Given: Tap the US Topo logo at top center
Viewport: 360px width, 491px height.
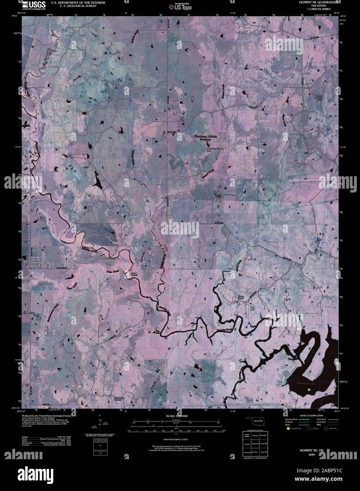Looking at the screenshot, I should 180,6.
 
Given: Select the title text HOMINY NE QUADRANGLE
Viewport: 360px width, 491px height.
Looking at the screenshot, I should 318,2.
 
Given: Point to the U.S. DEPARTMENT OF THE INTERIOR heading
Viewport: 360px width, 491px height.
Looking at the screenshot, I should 78,2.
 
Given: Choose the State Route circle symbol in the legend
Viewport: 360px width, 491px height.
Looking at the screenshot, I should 326,428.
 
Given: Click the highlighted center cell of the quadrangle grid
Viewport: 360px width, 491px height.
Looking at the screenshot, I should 256,443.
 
